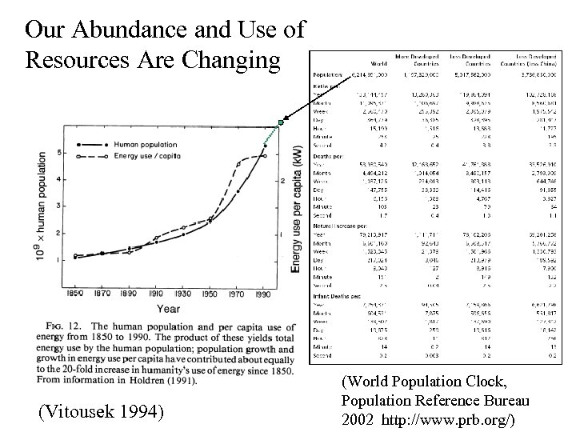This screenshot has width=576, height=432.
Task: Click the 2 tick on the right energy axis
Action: (282, 182)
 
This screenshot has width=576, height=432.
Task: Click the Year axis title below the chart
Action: (168, 308)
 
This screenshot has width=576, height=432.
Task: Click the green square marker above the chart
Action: (281, 122)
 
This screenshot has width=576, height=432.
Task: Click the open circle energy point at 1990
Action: (264, 155)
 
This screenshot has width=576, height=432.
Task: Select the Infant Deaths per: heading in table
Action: (338, 295)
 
